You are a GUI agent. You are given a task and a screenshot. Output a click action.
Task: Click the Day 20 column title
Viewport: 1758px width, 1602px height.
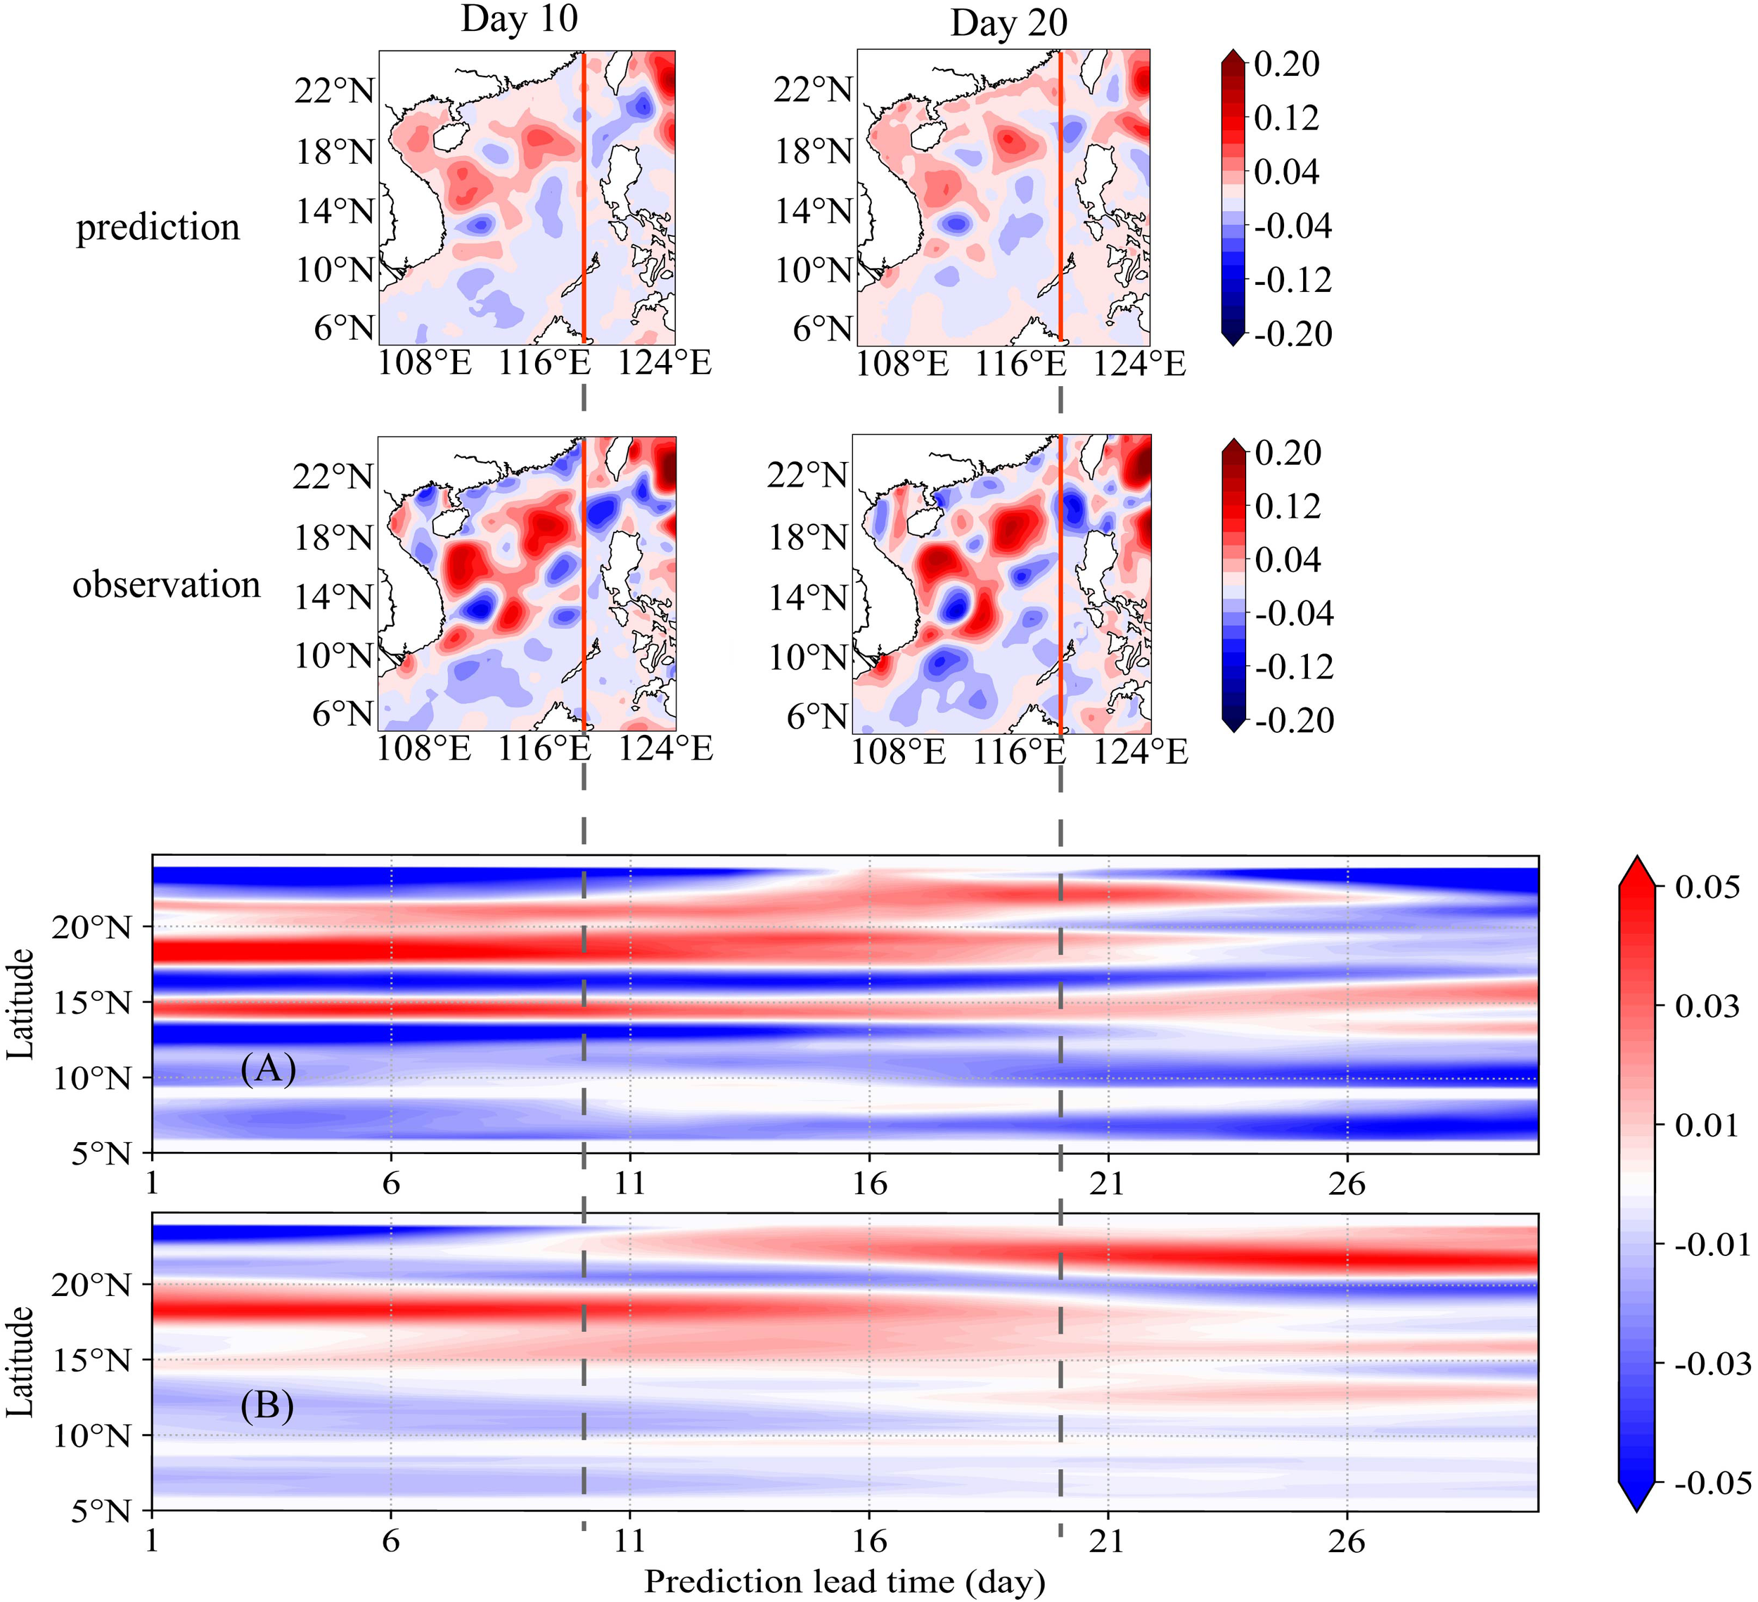pos(1009,23)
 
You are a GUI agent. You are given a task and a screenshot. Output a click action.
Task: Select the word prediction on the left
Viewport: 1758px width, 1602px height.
pos(158,228)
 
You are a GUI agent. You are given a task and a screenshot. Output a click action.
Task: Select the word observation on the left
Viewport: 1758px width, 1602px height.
pos(167,584)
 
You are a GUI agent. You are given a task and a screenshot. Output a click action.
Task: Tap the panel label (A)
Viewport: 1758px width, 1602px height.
pos(269,1068)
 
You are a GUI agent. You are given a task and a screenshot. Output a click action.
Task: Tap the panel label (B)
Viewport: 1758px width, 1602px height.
pos(267,1406)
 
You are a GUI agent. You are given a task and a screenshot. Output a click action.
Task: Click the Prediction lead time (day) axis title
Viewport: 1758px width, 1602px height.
pos(844,1580)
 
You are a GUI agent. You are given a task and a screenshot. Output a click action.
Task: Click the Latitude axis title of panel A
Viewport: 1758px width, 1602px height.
pos(21,1004)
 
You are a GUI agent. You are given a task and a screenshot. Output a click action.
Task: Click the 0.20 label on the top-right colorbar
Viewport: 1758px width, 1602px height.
pos(1286,64)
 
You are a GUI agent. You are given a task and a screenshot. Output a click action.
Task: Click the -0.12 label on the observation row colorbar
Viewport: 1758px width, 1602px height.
pos(1294,667)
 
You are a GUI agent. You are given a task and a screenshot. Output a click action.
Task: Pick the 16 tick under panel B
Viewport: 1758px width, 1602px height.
pos(868,1542)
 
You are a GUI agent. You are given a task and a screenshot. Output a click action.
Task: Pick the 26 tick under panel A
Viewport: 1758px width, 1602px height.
pos(1347,1184)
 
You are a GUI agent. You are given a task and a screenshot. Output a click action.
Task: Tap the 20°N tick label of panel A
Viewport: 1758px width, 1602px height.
pos(91,928)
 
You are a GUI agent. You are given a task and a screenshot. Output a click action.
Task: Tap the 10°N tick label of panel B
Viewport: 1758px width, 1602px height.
pos(91,1435)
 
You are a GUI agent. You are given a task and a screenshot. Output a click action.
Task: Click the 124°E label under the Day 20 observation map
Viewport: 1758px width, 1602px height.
pos(1141,752)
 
